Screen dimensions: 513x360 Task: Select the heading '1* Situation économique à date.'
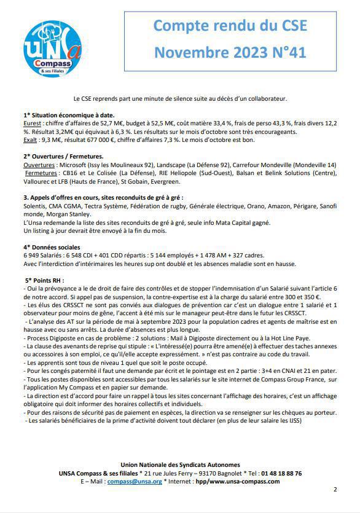coord(69,115)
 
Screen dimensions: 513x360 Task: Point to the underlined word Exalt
coord(31,139)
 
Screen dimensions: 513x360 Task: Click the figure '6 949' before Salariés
coord(33,256)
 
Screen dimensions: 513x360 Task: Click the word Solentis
coord(36,206)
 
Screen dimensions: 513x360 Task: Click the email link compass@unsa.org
coord(135,482)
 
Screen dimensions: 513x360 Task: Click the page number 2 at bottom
coord(335,490)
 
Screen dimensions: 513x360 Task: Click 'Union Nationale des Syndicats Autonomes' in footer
coord(180,465)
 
